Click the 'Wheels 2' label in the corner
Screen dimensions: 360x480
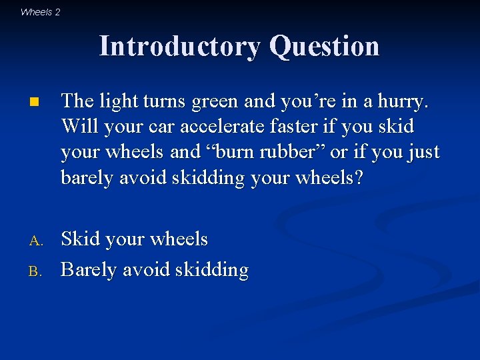click(x=40, y=11)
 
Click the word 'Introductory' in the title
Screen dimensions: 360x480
click(x=181, y=46)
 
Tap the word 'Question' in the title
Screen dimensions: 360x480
click(x=325, y=46)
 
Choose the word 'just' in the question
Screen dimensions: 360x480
click(x=421, y=151)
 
